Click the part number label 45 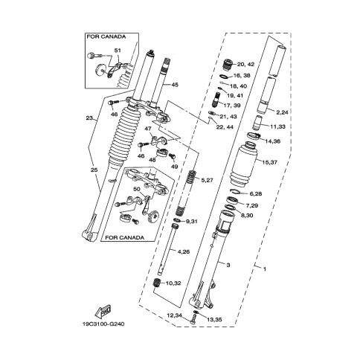click(175, 85)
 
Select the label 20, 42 click(245, 64)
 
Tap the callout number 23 click(89, 118)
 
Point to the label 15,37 click(269, 162)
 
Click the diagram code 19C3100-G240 click(103, 324)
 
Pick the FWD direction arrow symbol click(103, 311)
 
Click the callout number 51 click(118, 51)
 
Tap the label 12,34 click(175, 315)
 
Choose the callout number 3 click(228, 265)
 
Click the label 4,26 click(184, 251)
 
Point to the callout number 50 click(137, 189)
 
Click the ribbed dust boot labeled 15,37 click(242, 163)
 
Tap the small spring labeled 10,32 click(157, 283)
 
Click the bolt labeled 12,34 click(193, 318)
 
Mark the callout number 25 click(94, 170)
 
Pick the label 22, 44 click(225, 127)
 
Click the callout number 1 click(265, 269)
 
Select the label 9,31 click(191, 221)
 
